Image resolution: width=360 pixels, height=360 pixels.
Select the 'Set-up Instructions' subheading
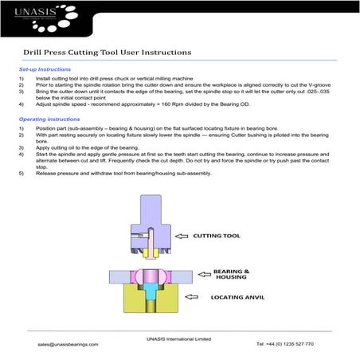pyautogui.click(x=44, y=70)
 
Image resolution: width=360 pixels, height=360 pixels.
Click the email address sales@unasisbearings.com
pyautogui.click(x=68, y=344)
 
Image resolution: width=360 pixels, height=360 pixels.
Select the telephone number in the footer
pyautogui.click(x=285, y=344)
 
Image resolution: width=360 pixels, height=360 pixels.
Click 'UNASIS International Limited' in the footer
pyautogui.click(x=179, y=338)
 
